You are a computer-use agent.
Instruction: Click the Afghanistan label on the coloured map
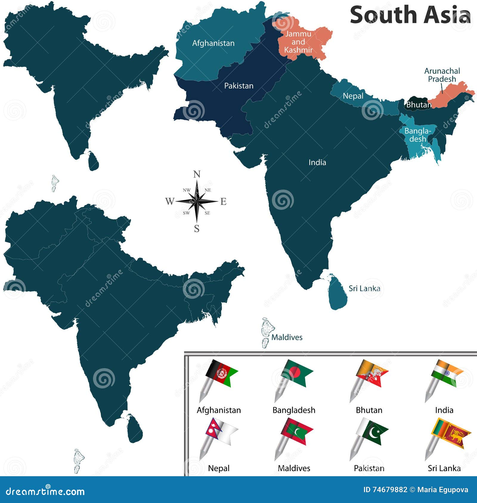tap(213, 43)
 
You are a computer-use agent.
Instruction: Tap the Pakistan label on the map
tap(238, 86)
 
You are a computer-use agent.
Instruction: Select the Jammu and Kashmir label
tap(298, 42)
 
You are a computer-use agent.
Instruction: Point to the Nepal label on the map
tap(353, 96)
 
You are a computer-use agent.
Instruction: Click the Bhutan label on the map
tap(419, 105)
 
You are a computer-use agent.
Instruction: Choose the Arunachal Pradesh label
tap(442, 75)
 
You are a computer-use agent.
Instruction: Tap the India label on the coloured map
tap(317, 162)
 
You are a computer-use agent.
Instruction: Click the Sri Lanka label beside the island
tap(364, 288)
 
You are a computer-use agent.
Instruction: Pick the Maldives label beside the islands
tap(287, 337)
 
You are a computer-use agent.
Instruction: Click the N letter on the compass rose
tap(197, 174)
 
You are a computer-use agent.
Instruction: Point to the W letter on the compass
tap(169, 201)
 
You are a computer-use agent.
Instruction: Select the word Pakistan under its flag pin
tap(369, 468)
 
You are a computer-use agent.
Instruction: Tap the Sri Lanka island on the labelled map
tap(338, 293)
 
